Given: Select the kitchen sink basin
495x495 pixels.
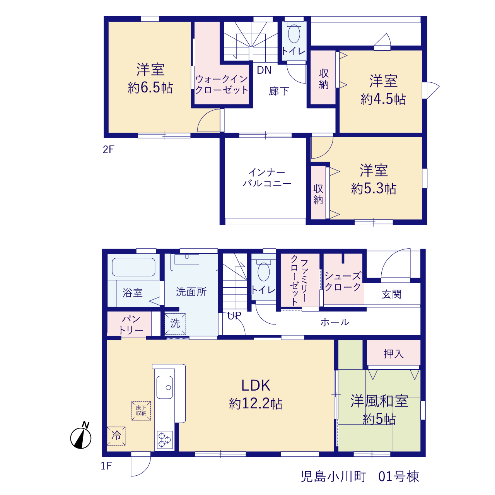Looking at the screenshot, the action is pyautogui.click(x=165, y=387).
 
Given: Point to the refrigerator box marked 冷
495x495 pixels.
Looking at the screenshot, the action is pyautogui.click(x=116, y=436).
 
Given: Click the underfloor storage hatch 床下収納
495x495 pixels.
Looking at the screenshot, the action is pyautogui.click(x=141, y=411).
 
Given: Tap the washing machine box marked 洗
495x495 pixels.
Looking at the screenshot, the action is pyautogui.click(x=175, y=324).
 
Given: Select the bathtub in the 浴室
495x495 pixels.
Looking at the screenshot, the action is pyautogui.click(x=133, y=267).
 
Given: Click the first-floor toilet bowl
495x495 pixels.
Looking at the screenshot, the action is pyautogui.click(x=264, y=271).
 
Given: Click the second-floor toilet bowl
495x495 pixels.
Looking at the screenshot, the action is pyautogui.click(x=294, y=33).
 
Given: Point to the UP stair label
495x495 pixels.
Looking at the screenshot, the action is pyautogui.click(x=234, y=316).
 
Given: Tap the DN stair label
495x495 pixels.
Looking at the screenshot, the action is pyautogui.click(x=264, y=70).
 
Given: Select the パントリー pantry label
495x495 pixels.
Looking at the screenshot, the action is pyautogui.click(x=131, y=325).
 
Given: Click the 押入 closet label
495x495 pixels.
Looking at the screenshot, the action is pyautogui.click(x=394, y=354).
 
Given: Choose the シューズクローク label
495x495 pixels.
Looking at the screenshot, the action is pyautogui.click(x=343, y=282).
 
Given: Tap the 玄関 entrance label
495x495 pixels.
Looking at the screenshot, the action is pyautogui.click(x=391, y=294).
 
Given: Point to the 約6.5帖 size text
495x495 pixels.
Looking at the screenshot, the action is pyautogui.click(x=150, y=88).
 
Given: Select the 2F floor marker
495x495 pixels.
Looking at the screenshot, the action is pyautogui.click(x=108, y=150).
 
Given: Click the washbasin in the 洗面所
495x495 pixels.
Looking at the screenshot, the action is pyautogui.click(x=187, y=259).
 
